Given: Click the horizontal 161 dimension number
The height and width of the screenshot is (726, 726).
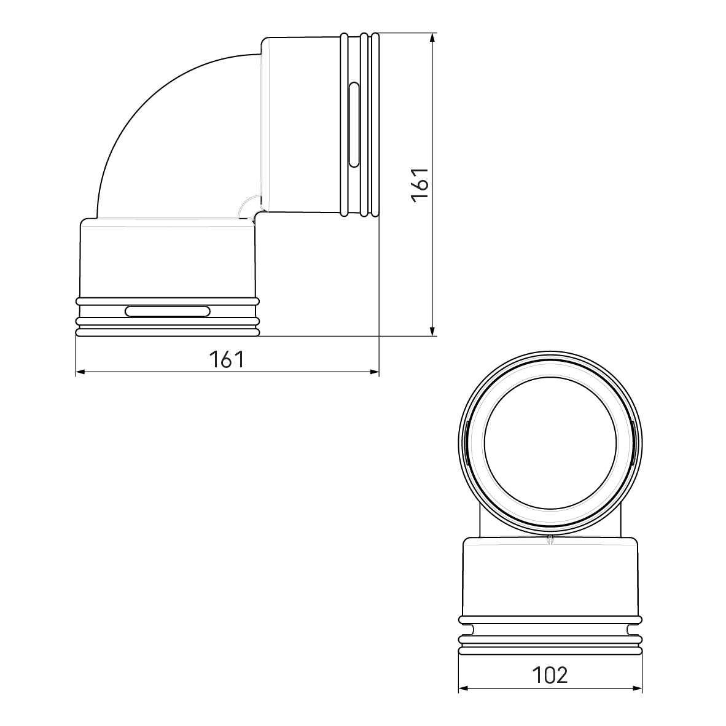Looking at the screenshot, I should click(227, 359).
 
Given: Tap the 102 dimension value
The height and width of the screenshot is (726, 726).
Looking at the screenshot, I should click(550, 675).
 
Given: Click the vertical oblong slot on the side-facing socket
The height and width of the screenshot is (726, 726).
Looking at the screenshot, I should click(353, 124).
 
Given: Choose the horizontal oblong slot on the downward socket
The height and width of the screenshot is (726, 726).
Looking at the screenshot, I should click(167, 311).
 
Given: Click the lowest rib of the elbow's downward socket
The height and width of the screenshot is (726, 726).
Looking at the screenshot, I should click(167, 332).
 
